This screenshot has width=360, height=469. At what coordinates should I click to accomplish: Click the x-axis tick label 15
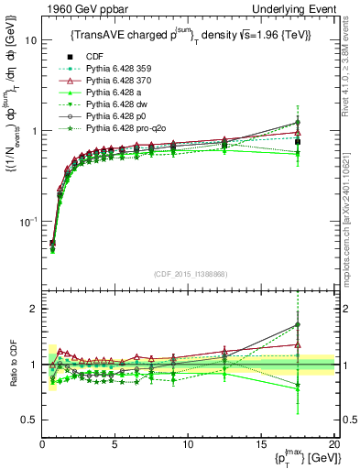point(261,443)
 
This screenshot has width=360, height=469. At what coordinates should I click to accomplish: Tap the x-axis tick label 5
point(115,443)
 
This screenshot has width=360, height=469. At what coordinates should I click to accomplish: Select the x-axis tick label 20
point(333,443)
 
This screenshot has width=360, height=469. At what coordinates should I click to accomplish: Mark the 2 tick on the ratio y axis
point(32,309)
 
